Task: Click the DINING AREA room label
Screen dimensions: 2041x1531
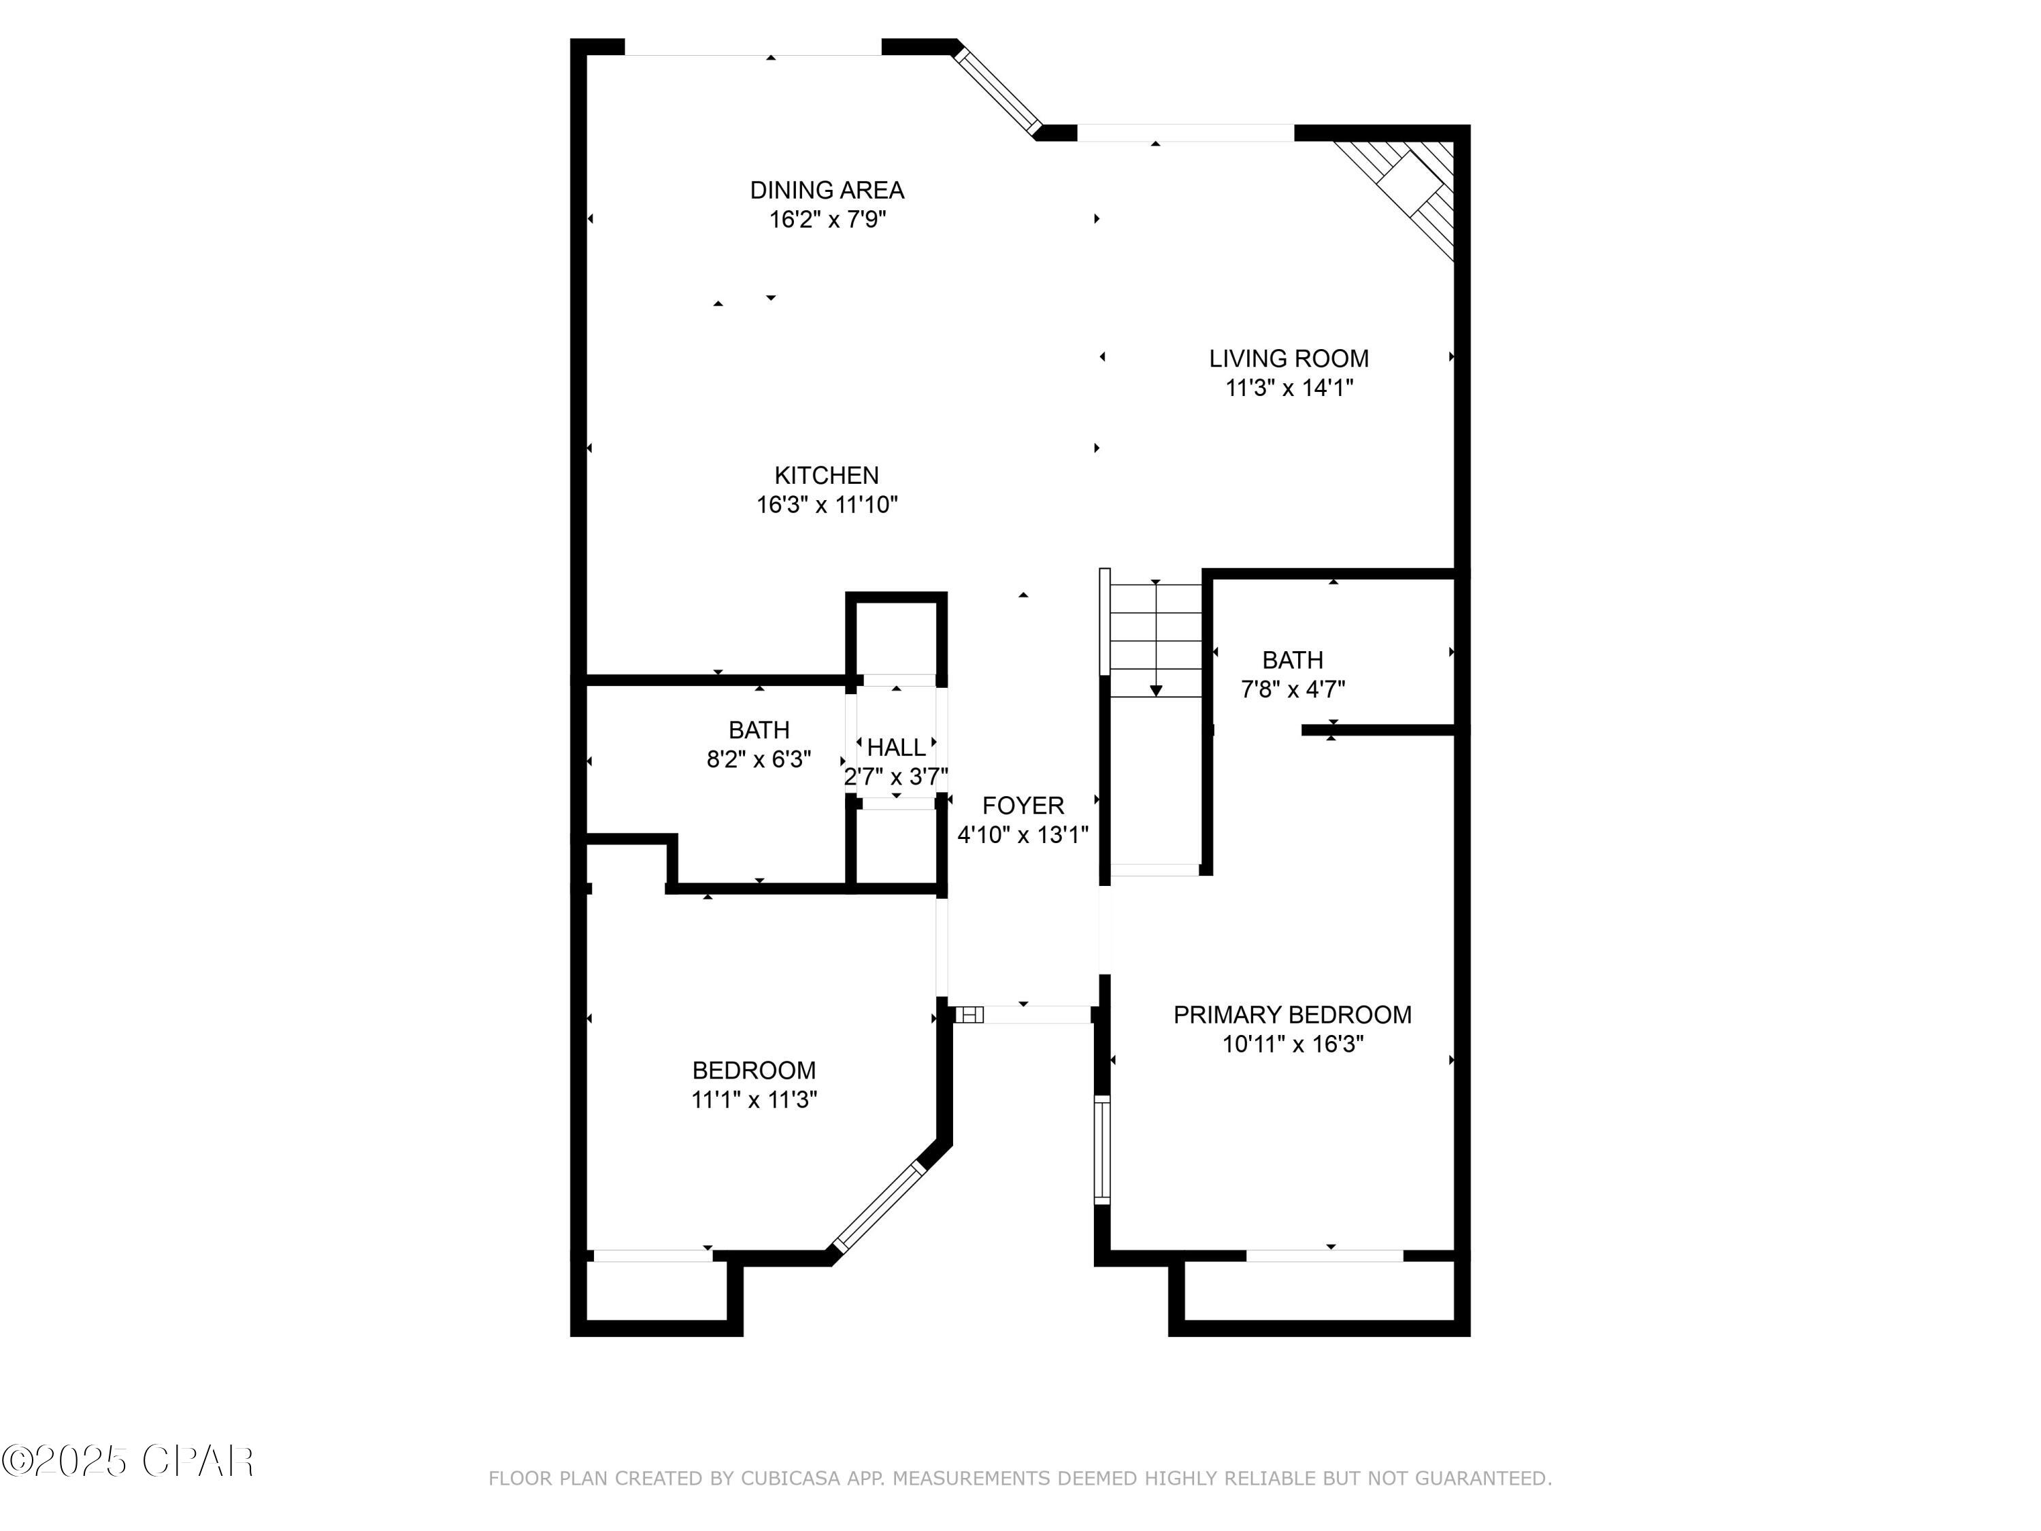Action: point(827,190)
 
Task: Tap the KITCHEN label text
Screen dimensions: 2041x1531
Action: point(827,475)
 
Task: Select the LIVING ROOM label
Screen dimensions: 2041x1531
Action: point(1289,358)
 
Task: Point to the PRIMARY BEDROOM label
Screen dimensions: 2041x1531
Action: point(1292,1015)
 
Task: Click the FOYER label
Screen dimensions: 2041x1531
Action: point(1023,806)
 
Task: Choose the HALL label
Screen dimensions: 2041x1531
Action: point(896,748)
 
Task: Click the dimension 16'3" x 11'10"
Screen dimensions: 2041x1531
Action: point(827,505)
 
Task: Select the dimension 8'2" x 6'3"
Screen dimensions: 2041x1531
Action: point(759,759)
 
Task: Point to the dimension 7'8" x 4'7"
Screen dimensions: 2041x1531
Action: point(1293,689)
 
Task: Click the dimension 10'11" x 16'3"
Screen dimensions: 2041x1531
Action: point(1292,1044)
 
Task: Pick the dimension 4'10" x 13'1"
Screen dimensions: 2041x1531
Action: point(1023,835)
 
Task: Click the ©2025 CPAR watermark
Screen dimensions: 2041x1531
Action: point(127,1461)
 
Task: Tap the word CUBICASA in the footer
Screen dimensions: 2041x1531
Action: point(791,1479)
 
